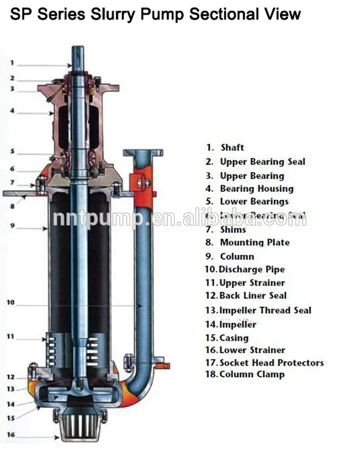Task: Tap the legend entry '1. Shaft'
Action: point(225,147)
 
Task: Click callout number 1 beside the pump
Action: point(12,63)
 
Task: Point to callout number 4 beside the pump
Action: point(12,111)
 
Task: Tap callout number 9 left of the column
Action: point(12,226)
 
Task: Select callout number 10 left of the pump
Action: point(10,303)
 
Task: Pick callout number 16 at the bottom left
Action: point(10,434)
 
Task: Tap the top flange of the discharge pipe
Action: point(143,152)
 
